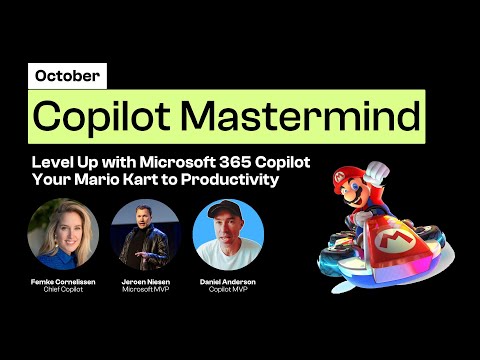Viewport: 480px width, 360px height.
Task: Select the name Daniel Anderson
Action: pos(228,284)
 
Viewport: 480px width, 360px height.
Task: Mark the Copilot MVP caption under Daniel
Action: pos(228,292)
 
